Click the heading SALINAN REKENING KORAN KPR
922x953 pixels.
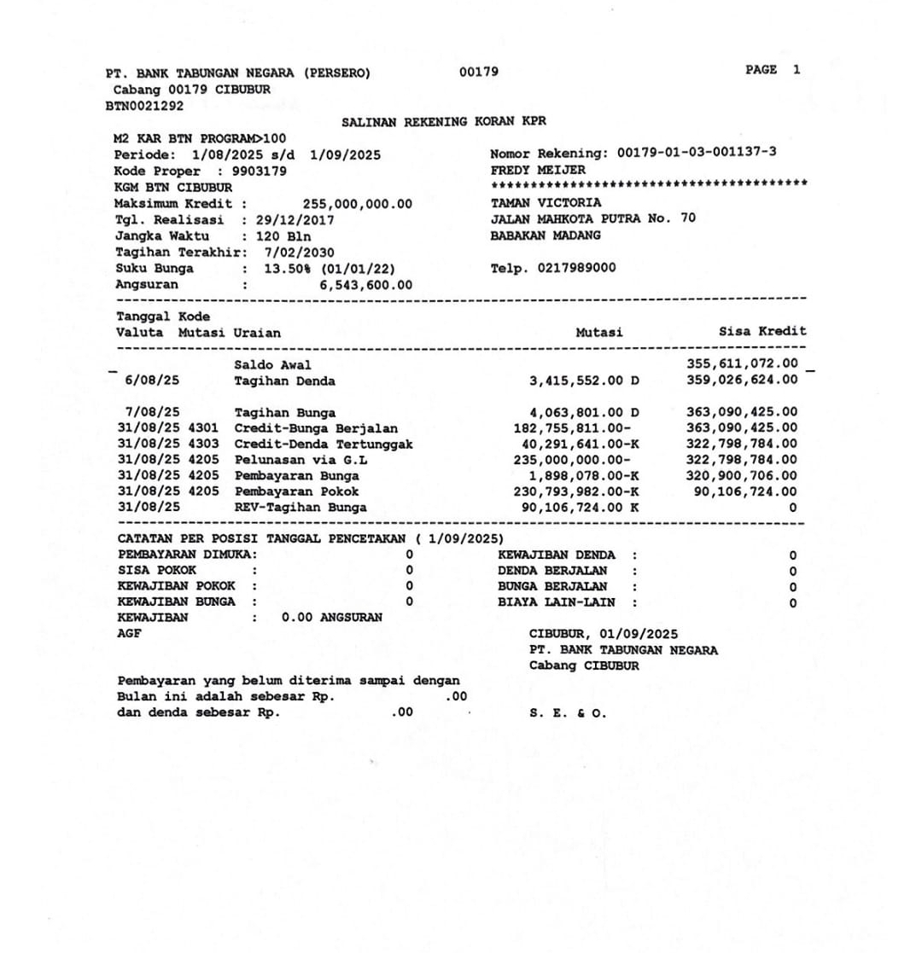(443, 122)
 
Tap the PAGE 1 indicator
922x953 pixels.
(773, 70)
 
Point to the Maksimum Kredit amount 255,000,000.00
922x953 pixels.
(358, 203)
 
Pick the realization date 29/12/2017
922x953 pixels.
(295, 219)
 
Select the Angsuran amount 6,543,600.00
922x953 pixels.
(366, 285)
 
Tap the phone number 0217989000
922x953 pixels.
(577, 269)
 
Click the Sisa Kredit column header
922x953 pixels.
(762, 331)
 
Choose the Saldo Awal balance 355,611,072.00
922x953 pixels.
(743, 364)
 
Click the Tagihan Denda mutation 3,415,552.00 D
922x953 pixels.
(584, 381)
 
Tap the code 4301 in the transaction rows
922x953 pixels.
(205, 427)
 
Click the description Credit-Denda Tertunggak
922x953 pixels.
(324, 444)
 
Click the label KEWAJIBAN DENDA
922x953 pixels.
(556, 555)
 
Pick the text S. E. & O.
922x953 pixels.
(568, 714)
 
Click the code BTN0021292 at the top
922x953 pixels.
(144, 106)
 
